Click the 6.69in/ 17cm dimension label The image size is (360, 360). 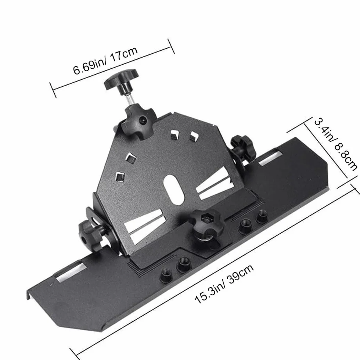[105, 61]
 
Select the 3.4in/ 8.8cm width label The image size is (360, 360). [335, 144]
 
